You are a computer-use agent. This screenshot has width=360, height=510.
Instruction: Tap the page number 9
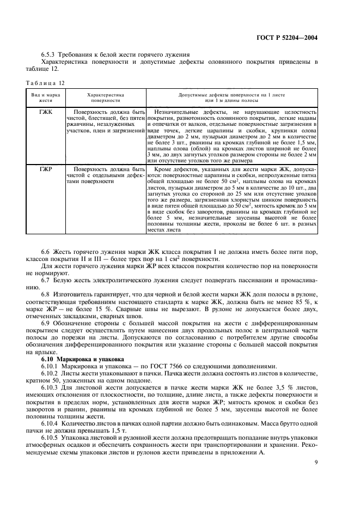point(316,463)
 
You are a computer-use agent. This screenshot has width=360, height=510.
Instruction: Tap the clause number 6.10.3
point(50,387)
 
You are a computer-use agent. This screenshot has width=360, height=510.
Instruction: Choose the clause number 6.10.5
point(50,437)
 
